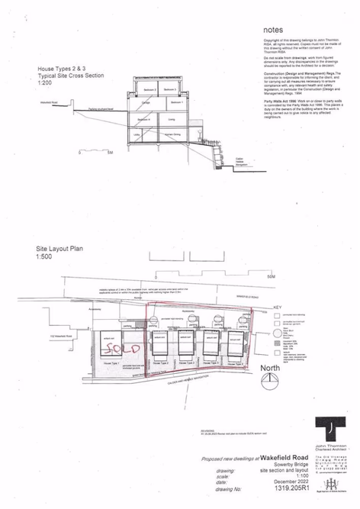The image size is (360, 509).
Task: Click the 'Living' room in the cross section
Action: pos(173,120)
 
